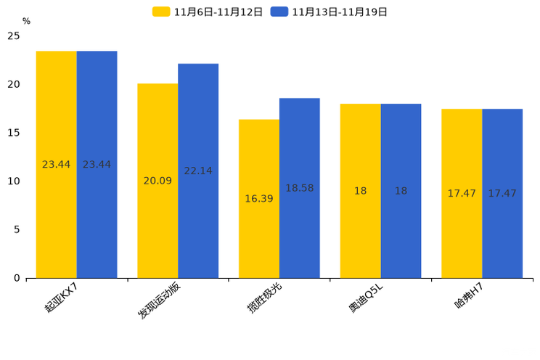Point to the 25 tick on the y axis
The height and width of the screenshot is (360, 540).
(14, 36)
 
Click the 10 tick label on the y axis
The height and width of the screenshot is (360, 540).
(14, 181)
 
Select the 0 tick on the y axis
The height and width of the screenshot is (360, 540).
(17, 278)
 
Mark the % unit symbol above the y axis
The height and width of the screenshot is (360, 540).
(26, 21)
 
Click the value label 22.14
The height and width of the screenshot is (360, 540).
(198, 171)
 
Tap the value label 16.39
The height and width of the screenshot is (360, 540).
(259, 199)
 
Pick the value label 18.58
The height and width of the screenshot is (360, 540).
(300, 188)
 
